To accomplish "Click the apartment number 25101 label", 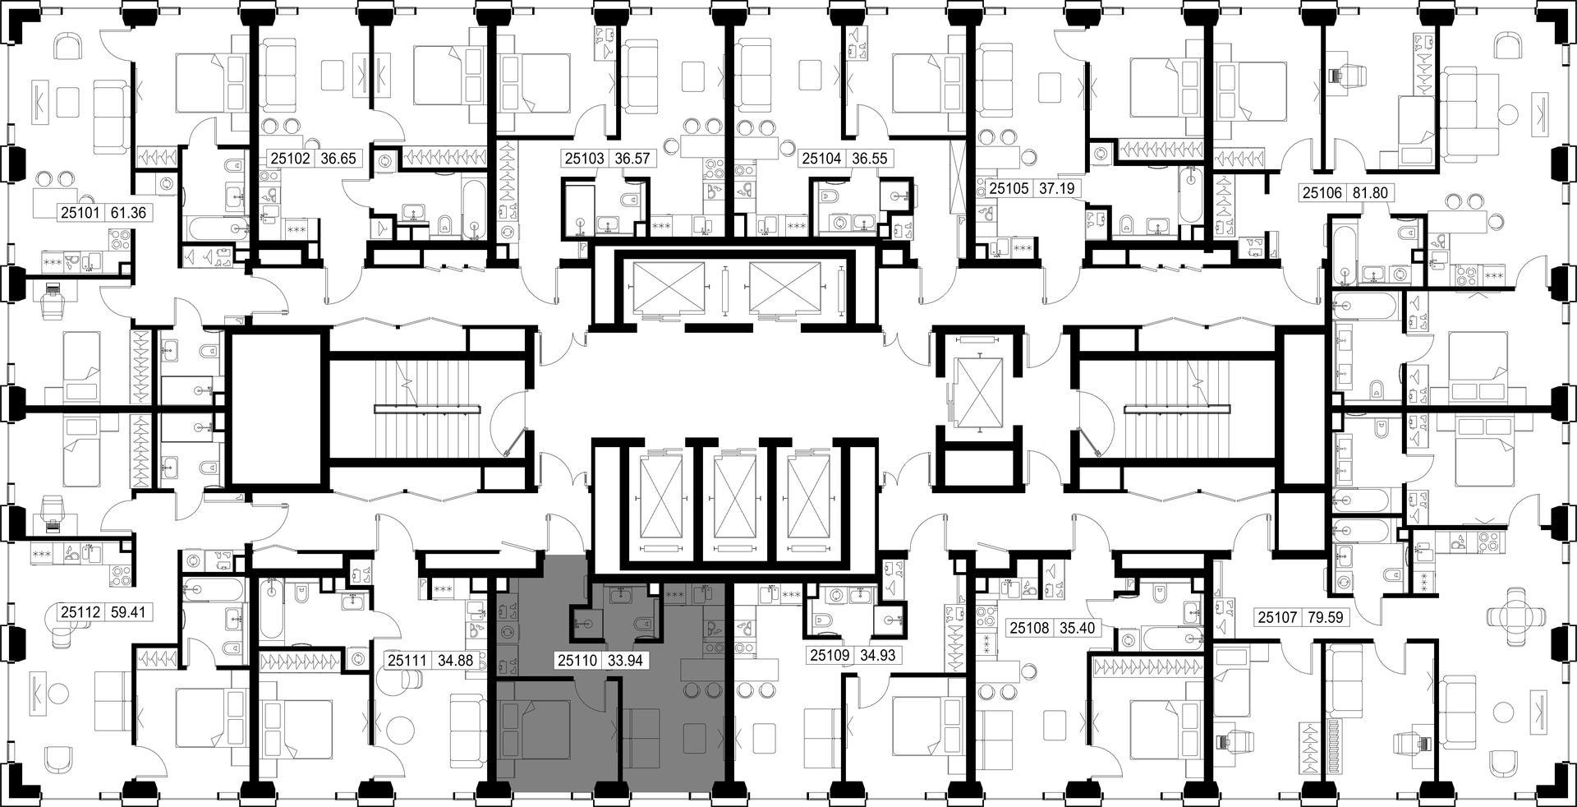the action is [x=80, y=213].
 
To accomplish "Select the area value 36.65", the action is [x=338, y=159].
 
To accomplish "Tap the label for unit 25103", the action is [x=584, y=159].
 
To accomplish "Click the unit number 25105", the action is [x=1009, y=188].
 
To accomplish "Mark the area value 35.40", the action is [x=1077, y=629].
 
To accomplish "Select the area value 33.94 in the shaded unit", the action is [x=626, y=659].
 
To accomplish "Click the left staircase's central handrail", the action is [x=426, y=408].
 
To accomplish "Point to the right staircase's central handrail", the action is [x=1176, y=408].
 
